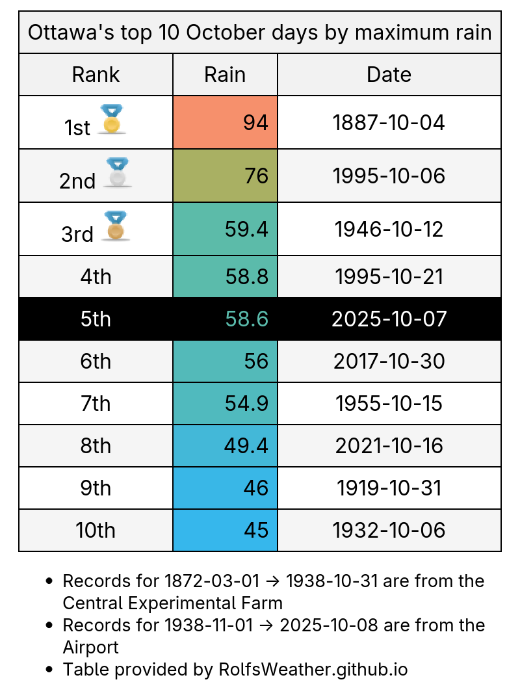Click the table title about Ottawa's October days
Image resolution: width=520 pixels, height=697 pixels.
pos(260,32)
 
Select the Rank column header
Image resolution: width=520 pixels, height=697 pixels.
pos(96,74)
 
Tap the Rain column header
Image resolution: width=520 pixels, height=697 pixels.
pos(225,74)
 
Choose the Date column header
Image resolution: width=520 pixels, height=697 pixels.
pos(389,74)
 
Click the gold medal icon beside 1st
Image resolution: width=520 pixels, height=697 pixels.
pos(112,120)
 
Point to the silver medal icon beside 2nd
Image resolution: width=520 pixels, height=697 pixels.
pos(118,173)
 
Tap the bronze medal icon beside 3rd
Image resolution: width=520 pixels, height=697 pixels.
pos(116,226)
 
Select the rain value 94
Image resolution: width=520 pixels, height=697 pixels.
pos(255,122)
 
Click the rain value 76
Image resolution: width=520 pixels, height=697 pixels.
pos(255,176)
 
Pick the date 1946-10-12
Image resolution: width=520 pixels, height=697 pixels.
pos(389,229)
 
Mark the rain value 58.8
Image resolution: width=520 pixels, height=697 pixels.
pos(247,277)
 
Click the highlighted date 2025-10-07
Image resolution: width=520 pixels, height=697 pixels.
pos(389,319)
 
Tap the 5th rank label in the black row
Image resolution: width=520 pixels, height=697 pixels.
pos(96,319)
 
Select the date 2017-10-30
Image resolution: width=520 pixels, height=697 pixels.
pos(389,362)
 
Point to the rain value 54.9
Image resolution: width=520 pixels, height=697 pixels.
pos(247,404)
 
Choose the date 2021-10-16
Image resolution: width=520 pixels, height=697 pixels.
pos(389,446)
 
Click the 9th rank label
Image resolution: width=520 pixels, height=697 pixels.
pos(96,488)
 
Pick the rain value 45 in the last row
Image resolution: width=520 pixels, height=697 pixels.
pos(256,531)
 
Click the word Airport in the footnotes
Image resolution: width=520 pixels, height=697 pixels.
pos(90,647)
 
